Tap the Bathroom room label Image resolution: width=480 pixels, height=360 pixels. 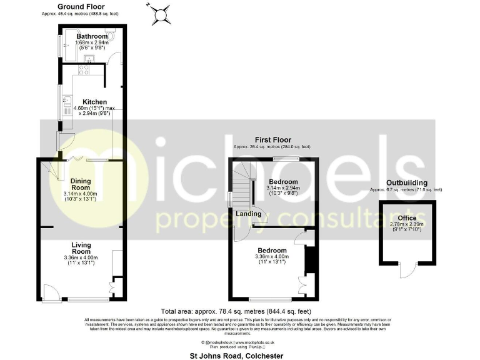92,37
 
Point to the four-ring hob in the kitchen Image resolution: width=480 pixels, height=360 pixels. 83,71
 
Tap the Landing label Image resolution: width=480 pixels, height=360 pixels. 249,214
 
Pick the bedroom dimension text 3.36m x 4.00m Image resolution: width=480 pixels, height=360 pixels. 272,257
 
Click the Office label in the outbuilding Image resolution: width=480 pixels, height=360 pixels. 407,218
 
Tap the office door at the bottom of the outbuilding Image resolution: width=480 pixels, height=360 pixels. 407,271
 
